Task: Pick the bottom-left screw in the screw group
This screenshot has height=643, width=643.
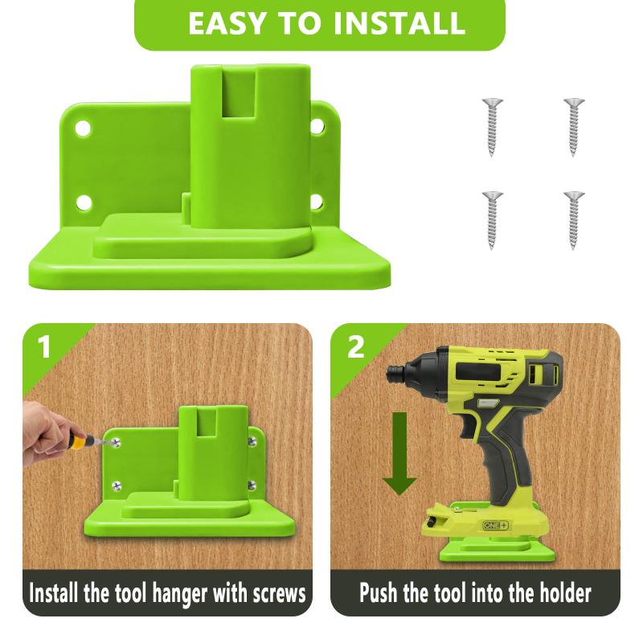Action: [x=492, y=218]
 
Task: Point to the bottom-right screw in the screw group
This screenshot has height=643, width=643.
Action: [x=573, y=218]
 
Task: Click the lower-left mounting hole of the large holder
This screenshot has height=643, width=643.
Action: [x=83, y=202]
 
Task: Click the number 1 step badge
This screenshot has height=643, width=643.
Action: [x=43, y=347]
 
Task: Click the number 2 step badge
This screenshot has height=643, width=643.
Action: [x=354, y=347]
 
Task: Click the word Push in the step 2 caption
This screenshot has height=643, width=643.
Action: [x=381, y=596]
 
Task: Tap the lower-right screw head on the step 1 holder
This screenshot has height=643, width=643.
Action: [x=252, y=484]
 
